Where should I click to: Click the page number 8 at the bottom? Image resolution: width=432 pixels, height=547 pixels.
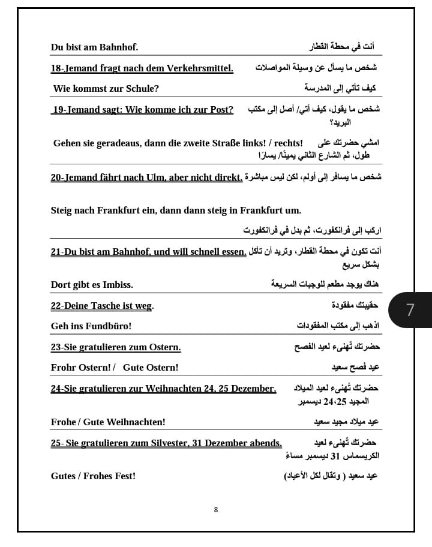[x=216, y=510]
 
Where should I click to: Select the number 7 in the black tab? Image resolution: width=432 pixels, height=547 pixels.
[x=410, y=310]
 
